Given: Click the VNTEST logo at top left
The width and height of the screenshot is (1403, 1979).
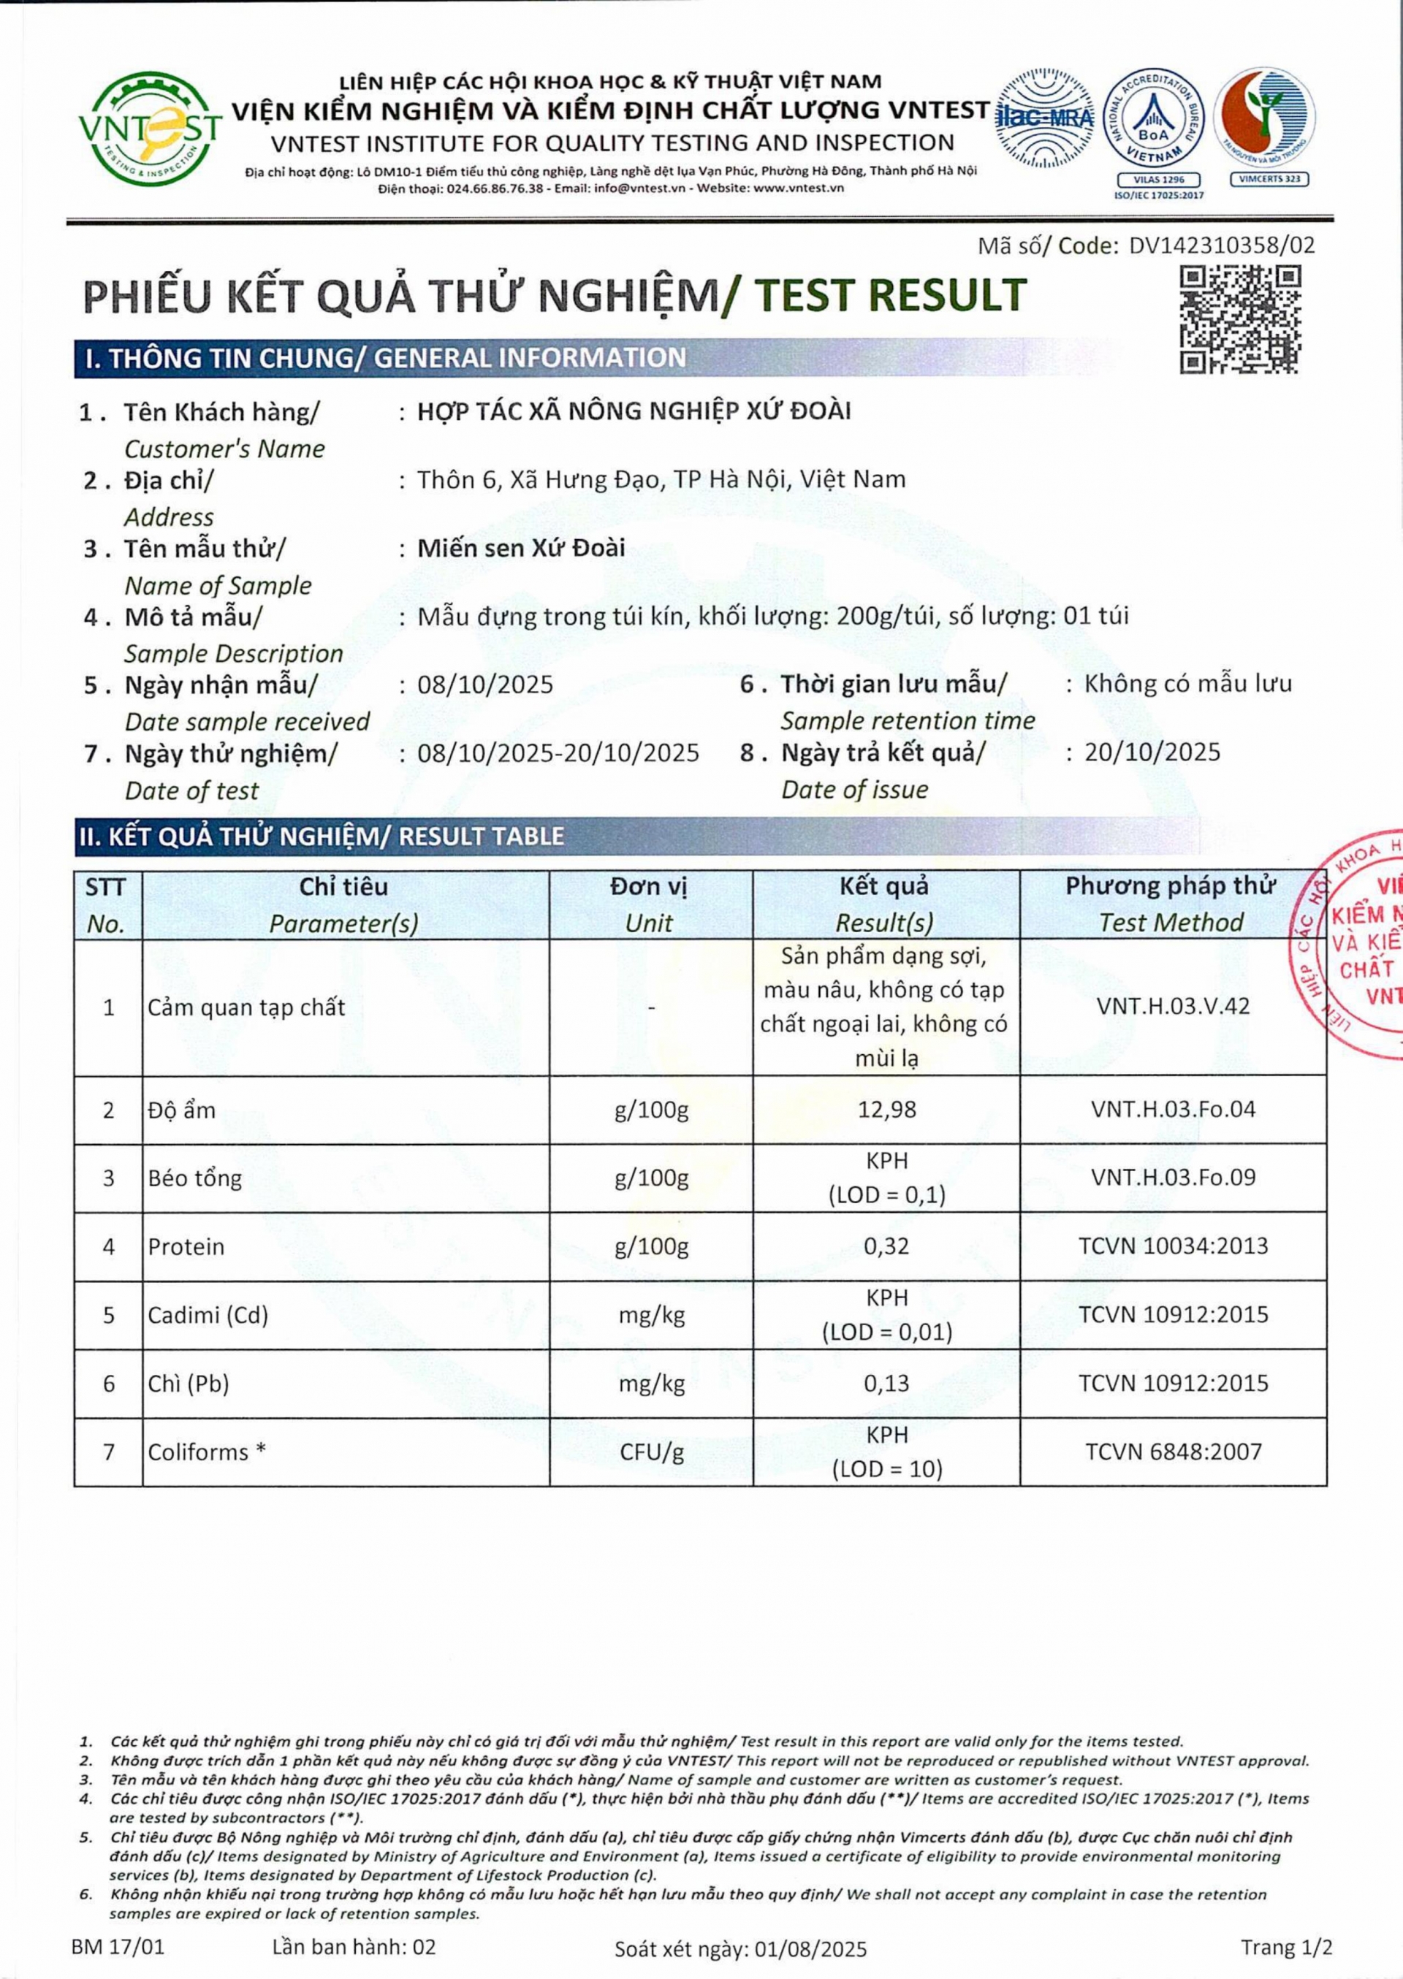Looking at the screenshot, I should coord(148,129).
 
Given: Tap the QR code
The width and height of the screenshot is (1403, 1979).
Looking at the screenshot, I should coord(1240,319).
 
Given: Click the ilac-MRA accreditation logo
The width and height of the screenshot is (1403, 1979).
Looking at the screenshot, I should coord(1046,118).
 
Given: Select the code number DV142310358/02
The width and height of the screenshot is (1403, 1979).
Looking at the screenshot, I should coord(1222,245).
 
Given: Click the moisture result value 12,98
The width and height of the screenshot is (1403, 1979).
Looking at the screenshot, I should coord(886,1110).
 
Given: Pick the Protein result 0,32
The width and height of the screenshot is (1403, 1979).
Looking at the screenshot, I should coord(886,1246).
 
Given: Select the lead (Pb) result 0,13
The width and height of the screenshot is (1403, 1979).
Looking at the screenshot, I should coord(886,1383).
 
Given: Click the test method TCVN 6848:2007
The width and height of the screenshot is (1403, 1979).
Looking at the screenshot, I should coord(1174,1452).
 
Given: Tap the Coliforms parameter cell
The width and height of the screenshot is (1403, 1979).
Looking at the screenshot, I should coord(208,1452).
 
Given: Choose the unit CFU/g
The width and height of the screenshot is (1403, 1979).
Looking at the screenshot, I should coord(651,1452).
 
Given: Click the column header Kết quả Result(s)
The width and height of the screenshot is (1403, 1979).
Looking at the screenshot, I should coord(885,904).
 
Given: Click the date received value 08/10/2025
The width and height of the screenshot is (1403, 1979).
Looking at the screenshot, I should coord(484,685).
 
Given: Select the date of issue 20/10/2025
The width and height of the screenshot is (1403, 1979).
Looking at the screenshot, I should coord(1152,752).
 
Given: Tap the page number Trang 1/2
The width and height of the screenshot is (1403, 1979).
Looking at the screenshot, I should coord(1286,1947).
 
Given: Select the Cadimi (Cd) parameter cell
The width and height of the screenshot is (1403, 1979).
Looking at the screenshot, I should coord(208,1315).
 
